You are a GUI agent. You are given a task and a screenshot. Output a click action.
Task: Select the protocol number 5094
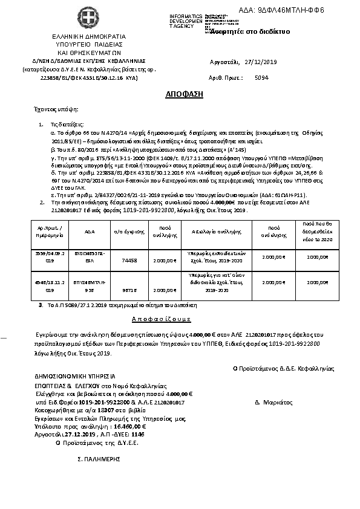(262, 78)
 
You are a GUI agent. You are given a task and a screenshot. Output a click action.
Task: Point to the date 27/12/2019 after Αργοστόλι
(261, 62)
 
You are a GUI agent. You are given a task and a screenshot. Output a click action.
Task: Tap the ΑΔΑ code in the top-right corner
(300, 10)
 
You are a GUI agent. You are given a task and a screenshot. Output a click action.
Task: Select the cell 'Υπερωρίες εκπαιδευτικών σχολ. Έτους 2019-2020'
(210, 258)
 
